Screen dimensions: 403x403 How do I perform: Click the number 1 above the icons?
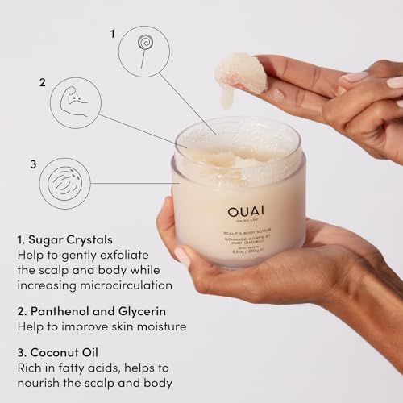coord(112,33)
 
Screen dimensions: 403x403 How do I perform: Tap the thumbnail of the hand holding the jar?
coord(182,256)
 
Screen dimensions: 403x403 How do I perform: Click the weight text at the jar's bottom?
coord(239,255)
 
